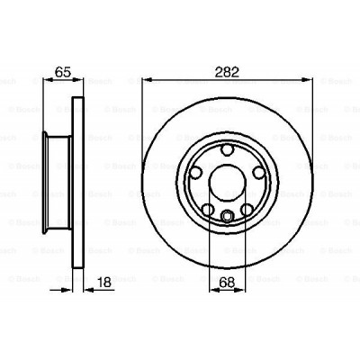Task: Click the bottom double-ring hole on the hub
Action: [x=227, y=214]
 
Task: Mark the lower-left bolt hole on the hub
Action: [x=206, y=210]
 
